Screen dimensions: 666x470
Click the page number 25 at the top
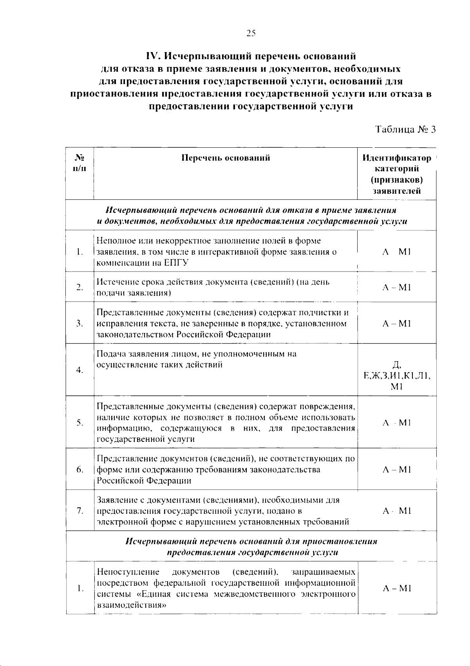pyautogui.click(x=251, y=33)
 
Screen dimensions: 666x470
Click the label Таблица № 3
pyautogui.click(x=405, y=130)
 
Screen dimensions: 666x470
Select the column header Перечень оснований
pyautogui.click(x=226, y=158)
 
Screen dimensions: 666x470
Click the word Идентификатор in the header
pyautogui.click(x=396, y=158)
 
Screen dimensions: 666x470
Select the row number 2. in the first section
pyautogui.click(x=80, y=288)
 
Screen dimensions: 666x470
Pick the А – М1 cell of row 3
pyautogui.click(x=396, y=324)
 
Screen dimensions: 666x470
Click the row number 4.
pyautogui.click(x=80, y=370)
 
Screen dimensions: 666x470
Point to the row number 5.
pyautogui.click(x=80, y=423)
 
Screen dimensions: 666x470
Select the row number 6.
pyautogui.click(x=80, y=470)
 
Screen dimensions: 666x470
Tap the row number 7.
pyautogui.click(x=80, y=511)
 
